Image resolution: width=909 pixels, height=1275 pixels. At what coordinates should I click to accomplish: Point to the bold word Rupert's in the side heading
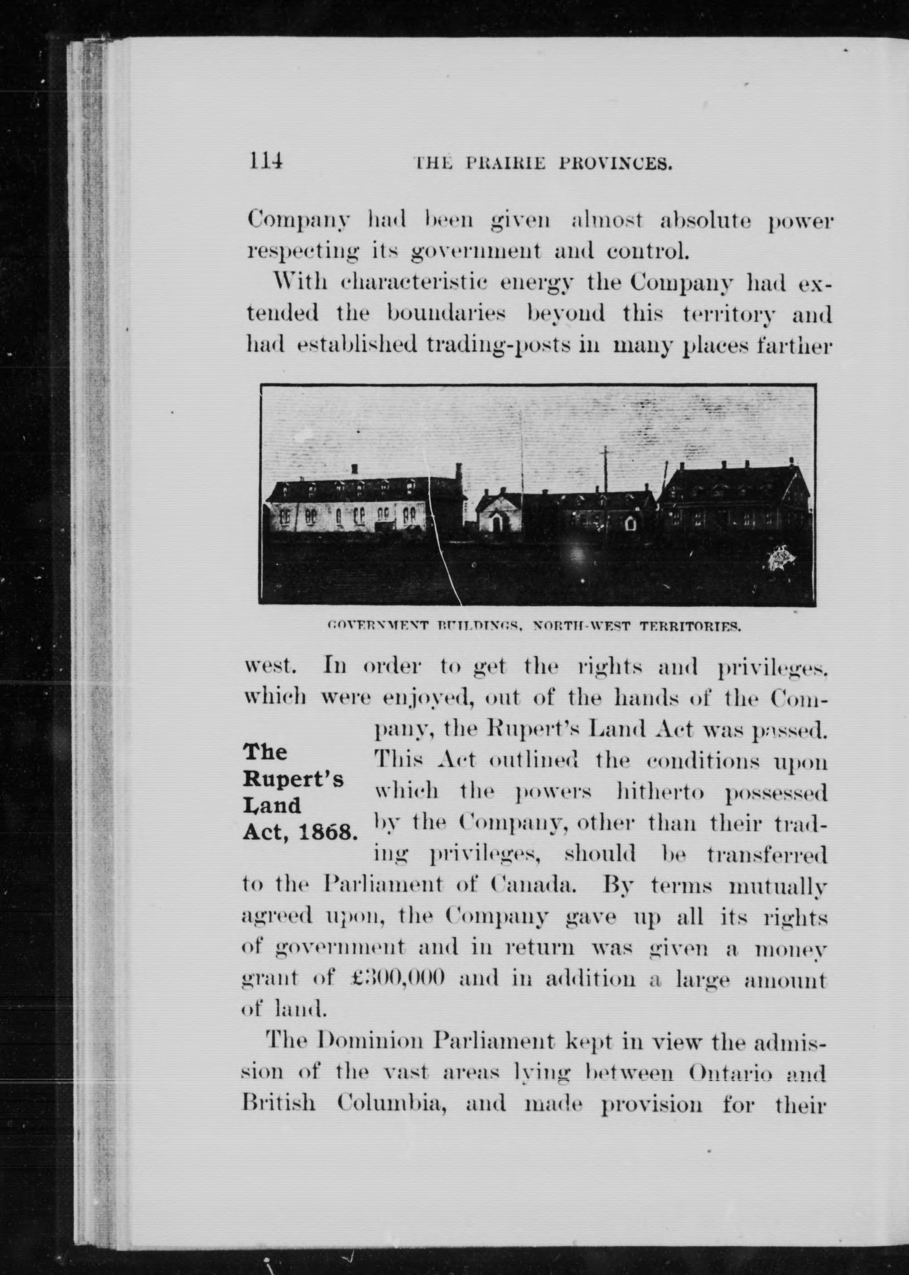pyautogui.click(x=292, y=779)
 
